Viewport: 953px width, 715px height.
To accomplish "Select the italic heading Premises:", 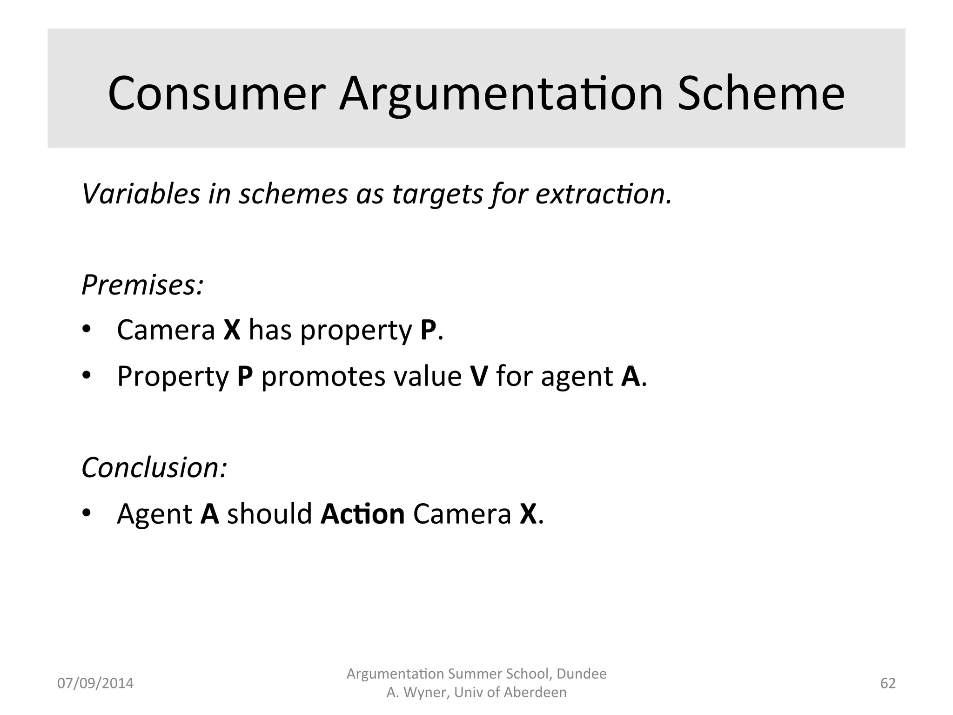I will (x=142, y=285).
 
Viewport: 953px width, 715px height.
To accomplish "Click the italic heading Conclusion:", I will (x=154, y=467).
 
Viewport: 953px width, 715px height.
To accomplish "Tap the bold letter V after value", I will (x=479, y=376).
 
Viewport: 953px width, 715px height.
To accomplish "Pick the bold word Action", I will (x=362, y=514).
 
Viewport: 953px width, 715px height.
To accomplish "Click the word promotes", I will (x=323, y=377).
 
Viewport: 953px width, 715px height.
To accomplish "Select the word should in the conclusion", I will (x=269, y=514).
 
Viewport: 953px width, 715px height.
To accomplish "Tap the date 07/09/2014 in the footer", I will (x=95, y=683).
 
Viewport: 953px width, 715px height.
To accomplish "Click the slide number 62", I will (x=888, y=683).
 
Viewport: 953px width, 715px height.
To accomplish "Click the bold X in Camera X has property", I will (x=232, y=330).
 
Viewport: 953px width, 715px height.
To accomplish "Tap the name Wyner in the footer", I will (x=424, y=693).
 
